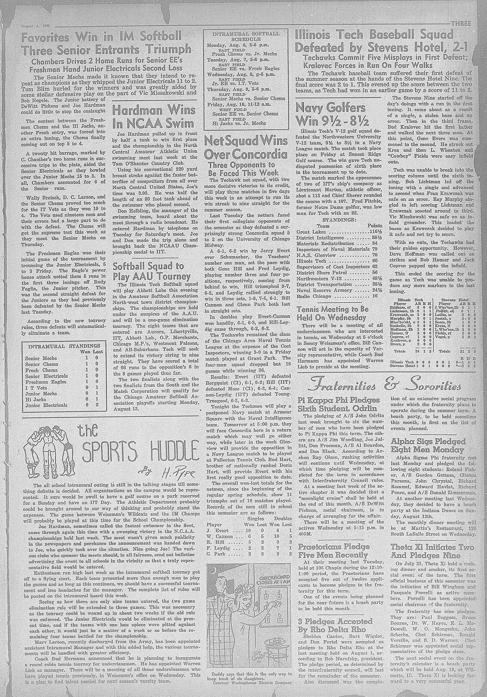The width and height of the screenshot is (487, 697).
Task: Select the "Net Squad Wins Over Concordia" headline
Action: (246, 148)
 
